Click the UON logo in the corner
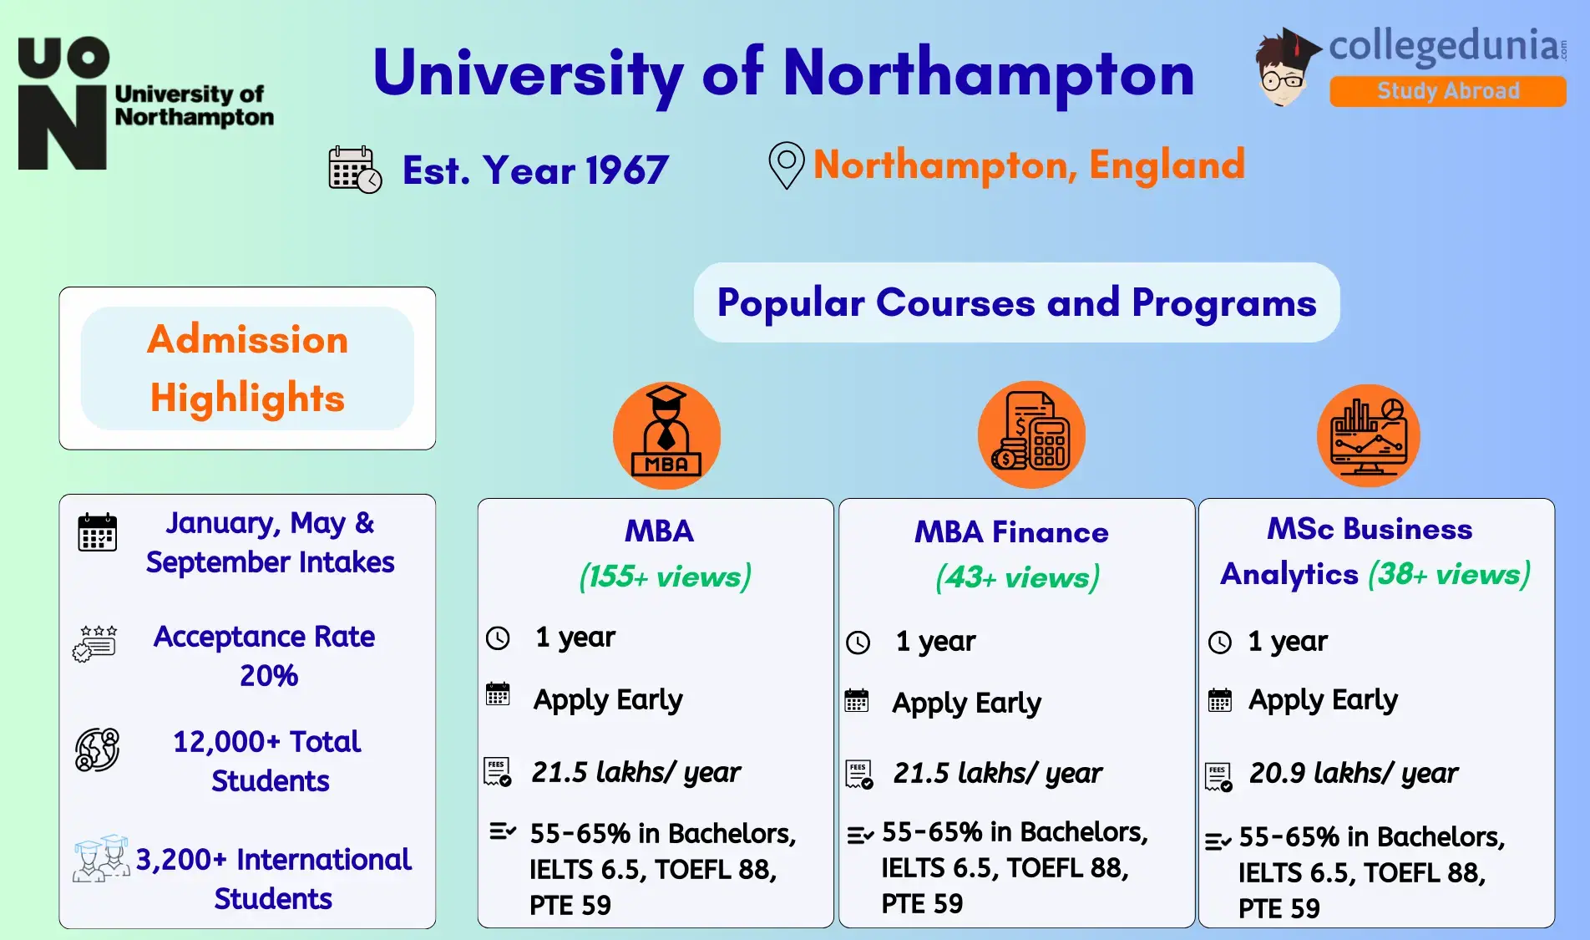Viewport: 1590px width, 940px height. click(x=63, y=104)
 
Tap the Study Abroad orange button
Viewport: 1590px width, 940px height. click(x=1447, y=91)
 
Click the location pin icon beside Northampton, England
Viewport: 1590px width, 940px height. click(x=786, y=165)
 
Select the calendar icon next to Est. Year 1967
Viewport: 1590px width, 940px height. click(x=355, y=170)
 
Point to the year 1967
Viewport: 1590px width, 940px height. click(x=626, y=170)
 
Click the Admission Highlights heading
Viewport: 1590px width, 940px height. click(x=247, y=368)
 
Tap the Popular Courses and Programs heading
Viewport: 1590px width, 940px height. click(x=1016, y=302)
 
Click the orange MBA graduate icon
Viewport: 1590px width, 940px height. click(x=666, y=435)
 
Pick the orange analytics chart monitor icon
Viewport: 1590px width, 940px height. click(x=1368, y=435)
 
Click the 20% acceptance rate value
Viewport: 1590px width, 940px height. click(x=269, y=675)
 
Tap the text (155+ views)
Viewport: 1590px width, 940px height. click(x=665, y=577)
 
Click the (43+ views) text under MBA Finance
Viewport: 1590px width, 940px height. click(x=1017, y=577)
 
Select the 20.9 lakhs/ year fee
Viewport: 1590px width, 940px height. click(x=1353, y=773)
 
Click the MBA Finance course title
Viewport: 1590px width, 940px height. click(x=1011, y=532)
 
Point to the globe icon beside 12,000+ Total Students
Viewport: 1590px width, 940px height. click(x=98, y=749)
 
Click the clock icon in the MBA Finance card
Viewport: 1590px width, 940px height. click(x=858, y=643)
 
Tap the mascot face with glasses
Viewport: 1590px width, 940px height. click(x=1283, y=76)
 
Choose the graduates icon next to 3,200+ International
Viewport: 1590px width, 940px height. click(x=101, y=858)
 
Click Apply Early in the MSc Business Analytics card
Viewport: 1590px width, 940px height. click(x=1323, y=700)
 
